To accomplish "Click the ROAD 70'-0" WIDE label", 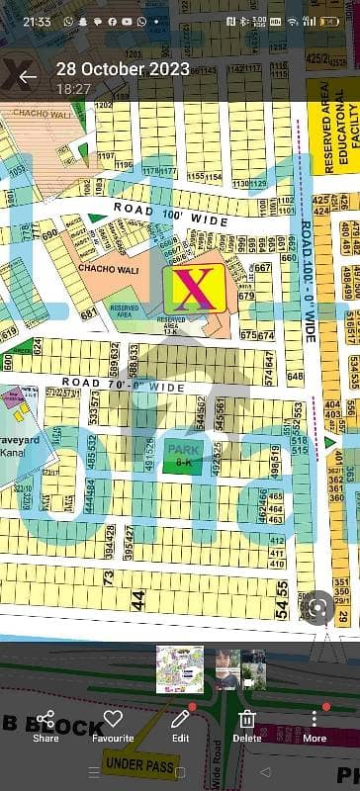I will click(124, 385).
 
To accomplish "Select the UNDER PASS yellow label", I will click(138, 766).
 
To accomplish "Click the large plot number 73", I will click(108, 576).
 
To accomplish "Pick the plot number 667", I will click(261, 268).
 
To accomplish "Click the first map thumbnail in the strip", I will click(179, 669).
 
